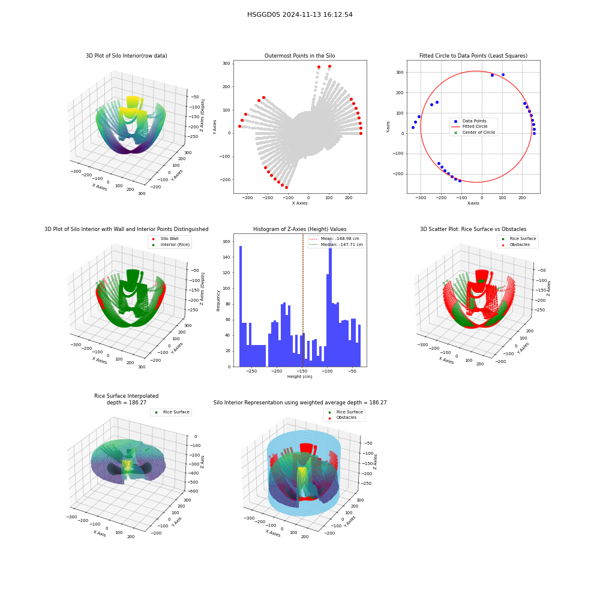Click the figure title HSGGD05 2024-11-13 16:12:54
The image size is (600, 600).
click(x=299, y=14)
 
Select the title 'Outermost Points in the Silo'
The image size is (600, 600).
click(x=299, y=55)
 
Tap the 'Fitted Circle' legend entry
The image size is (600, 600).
click(x=475, y=126)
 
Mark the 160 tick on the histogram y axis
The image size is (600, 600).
click(x=226, y=241)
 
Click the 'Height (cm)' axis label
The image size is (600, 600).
click(x=299, y=377)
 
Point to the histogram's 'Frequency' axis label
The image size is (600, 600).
click(x=218, y=301)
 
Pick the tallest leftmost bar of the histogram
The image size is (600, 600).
click(x=241, y=306)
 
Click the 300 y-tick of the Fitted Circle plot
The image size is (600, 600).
click(x=400, y=73)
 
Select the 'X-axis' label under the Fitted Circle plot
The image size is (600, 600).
click(x=473, y=203)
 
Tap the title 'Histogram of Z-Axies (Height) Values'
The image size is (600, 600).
click(x=299, y=229)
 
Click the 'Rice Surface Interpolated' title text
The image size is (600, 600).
click(x=126, y=395)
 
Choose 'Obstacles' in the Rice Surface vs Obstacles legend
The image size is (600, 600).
click(x=520, y=245)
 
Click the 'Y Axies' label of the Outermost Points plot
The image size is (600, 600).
click(x=214, y=127)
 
